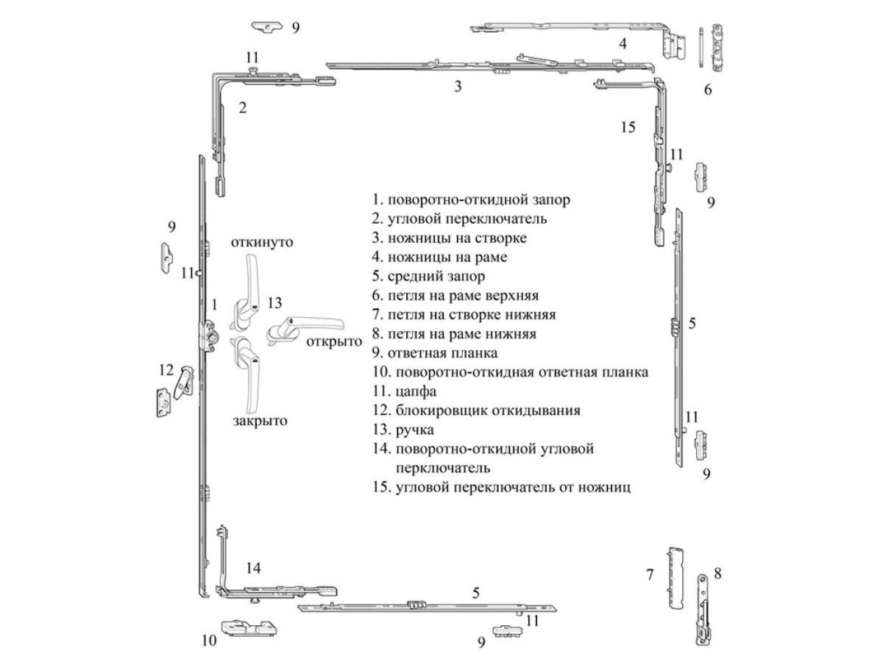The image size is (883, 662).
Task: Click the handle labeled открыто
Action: click(x=305, y=326)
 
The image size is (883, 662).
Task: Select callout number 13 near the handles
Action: click(x=274, y=302)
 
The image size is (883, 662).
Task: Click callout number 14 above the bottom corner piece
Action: click(x=253, y=568)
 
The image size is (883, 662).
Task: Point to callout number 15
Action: click(x=627, y=127)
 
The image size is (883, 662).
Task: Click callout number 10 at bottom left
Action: click(x=209, y=641)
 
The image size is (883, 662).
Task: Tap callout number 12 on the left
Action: click(x=166, y=369)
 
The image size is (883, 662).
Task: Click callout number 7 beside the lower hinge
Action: click(x=650, y=574)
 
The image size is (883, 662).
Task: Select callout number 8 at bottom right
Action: click(x=718, y=571)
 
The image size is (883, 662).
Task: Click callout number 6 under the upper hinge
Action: click(x=708, y=90)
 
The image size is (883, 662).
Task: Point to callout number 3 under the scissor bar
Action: click(x=458, y=87)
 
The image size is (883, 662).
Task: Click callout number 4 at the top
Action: click(x=623, y=43)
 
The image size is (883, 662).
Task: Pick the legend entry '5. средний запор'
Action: click(x=429, y=277)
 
